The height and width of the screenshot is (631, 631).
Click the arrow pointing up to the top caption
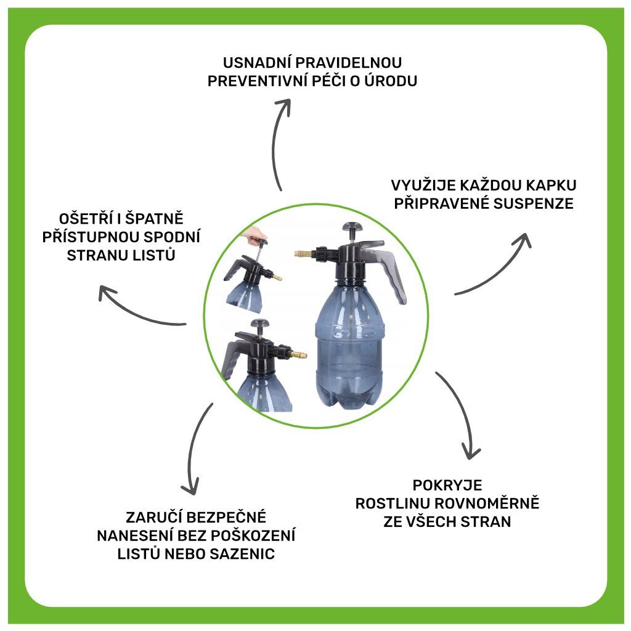tap(279, 142)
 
